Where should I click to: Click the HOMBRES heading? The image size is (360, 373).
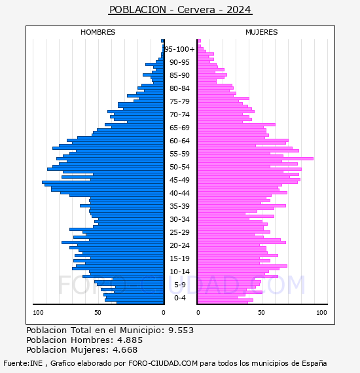point(98,32)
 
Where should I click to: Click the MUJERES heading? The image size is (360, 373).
point(262,32)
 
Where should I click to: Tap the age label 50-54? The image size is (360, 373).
point(179,167)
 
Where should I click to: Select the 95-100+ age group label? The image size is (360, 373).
point(179,49)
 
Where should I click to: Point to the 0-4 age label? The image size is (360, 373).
point(180,298)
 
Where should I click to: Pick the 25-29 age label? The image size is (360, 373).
point(179,232)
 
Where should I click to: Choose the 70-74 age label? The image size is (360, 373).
point(179,115)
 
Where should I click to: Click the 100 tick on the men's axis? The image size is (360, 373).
point(38,313)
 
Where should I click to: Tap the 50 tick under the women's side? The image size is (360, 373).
point(261,313)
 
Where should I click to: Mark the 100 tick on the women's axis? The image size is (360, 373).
point(321,313)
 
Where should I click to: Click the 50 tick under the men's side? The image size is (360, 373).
point(98,313)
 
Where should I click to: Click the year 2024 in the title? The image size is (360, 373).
point(239,10)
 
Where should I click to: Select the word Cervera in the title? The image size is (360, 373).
point(196,10)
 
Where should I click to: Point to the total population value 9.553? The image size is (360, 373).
point(181,330)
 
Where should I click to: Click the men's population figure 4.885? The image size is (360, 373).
point(130,340)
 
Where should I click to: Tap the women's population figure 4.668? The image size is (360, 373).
point(125,350)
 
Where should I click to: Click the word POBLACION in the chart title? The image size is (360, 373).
point(137,10)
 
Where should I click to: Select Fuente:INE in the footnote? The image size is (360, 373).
point(23,363)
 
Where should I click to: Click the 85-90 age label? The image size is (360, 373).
point(179,75)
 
